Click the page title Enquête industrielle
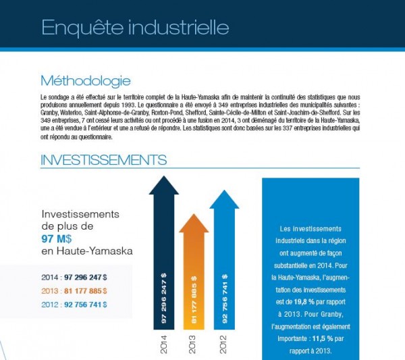134,28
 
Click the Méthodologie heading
85,80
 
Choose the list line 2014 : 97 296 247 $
74,277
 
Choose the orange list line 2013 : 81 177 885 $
74,290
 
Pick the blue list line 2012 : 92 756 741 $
74,304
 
